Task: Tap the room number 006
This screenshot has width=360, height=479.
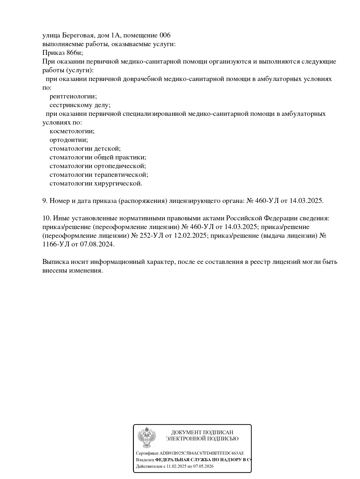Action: coord(165,35)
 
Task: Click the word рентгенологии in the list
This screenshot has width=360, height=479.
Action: coord(73,96)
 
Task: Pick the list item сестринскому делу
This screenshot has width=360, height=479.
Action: coord(80,105)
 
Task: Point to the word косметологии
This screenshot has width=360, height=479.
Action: coord(72,131)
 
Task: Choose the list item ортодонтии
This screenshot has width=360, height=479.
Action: coord(69,140)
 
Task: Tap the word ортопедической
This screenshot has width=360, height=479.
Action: coord(120,166)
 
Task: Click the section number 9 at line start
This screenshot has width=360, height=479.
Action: coord(44,201)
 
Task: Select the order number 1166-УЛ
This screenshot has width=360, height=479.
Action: coord(56,244)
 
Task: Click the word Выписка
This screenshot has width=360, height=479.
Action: coord(55,262)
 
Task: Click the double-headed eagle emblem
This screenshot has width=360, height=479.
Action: coord(147,437)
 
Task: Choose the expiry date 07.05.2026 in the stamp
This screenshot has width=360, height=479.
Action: coord(204,467)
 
